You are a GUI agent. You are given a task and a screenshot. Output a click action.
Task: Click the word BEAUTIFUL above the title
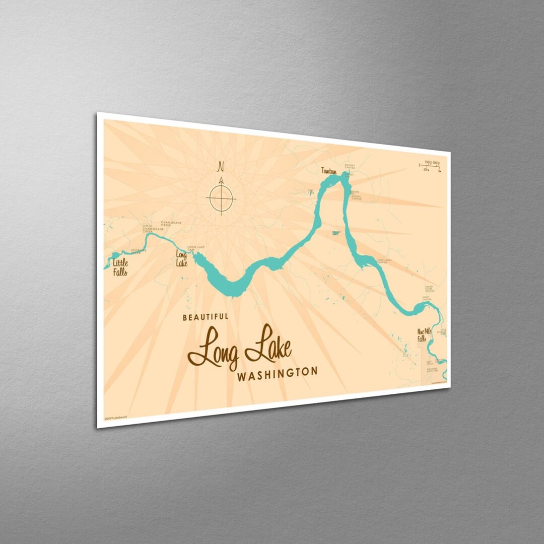pyautogui.click(x=205, y=317)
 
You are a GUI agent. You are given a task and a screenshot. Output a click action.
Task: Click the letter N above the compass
pyautogui.click(x=220, y=166)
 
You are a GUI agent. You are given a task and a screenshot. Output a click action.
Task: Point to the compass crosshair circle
pyautogui.click(x=221, y=198)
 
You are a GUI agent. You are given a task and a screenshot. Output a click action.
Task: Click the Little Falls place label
pyautogui.click(x=119, y=267)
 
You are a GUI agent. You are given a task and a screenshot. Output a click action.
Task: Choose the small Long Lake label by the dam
pyautogui.click(x=181, y=258)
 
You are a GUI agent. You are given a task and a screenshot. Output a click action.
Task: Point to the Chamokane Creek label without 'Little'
pyautogui.click(x=171, y=223)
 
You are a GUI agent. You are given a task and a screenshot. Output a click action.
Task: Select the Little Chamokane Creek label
pyautogui.click(x=148, y=229)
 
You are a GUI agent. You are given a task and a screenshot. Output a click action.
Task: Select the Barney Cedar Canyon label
pyautogui.click(x=429, y=289)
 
